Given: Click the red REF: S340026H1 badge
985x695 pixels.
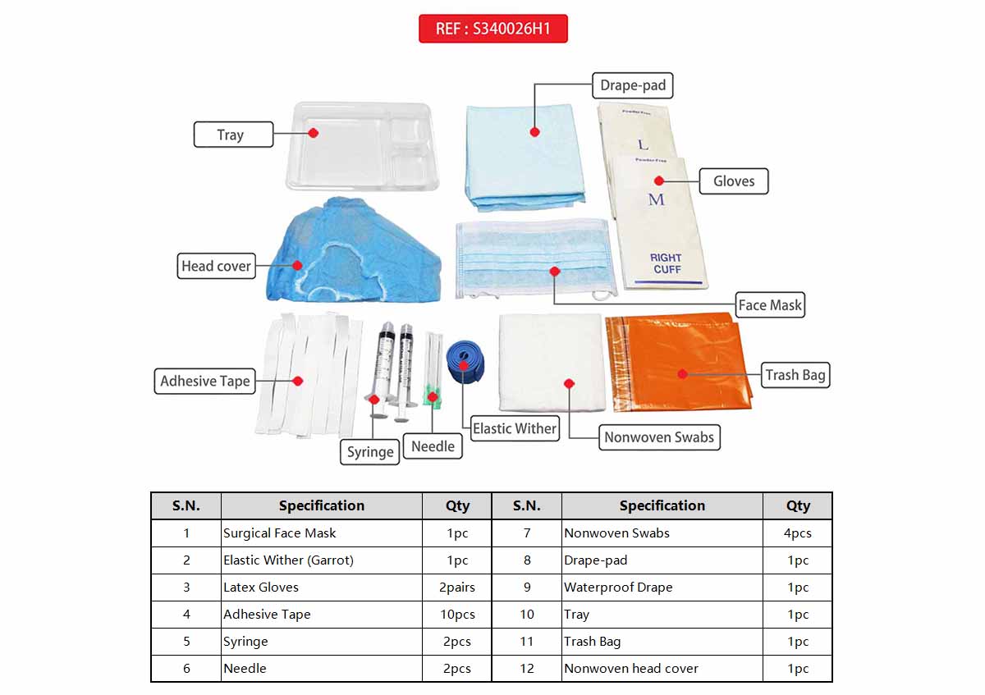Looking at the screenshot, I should pyautogui.click(x=492, y=29).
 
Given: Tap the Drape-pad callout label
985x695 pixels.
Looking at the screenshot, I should pyautogui.click(x=632, y=85).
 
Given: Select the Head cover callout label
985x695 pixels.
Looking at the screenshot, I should pyautogui.click(x=217, y=266).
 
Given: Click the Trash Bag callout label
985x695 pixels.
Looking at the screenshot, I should pyautogui.click(x=795, y=375).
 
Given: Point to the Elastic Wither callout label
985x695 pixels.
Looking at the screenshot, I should pyautogui.click(x=514, y=428).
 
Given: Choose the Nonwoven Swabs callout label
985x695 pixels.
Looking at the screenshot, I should pyautogui.click(x=658, y=437).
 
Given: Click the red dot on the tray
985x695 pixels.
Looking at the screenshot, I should pyautogui.click(x=313, y=132).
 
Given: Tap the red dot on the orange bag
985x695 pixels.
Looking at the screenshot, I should pyautogui.click(x=682, y=373).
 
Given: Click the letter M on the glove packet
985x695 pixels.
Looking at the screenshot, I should pyautogui.click(x=657, y=199).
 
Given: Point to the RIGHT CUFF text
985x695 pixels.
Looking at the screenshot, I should pyautogui.click(x=667, y=263).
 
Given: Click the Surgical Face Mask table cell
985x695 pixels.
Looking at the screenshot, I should pyautogui.click(x=321, y=533).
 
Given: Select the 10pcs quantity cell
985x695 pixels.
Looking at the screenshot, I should pyautogui.click(x=457, y=615).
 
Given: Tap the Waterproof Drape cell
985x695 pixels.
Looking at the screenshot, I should pyautogui.click(x=662, y=588).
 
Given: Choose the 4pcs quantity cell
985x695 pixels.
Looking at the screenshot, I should pyautogui.click(x=797, y=533).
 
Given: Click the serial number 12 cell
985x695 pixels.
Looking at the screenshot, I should pyautogui.click(x=526, y=669).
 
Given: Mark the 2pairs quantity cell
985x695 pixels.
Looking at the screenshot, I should pyautogui.click(x=457, y=588).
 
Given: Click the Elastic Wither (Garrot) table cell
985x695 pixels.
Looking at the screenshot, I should pyautogui.click(x=321, y=560).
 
